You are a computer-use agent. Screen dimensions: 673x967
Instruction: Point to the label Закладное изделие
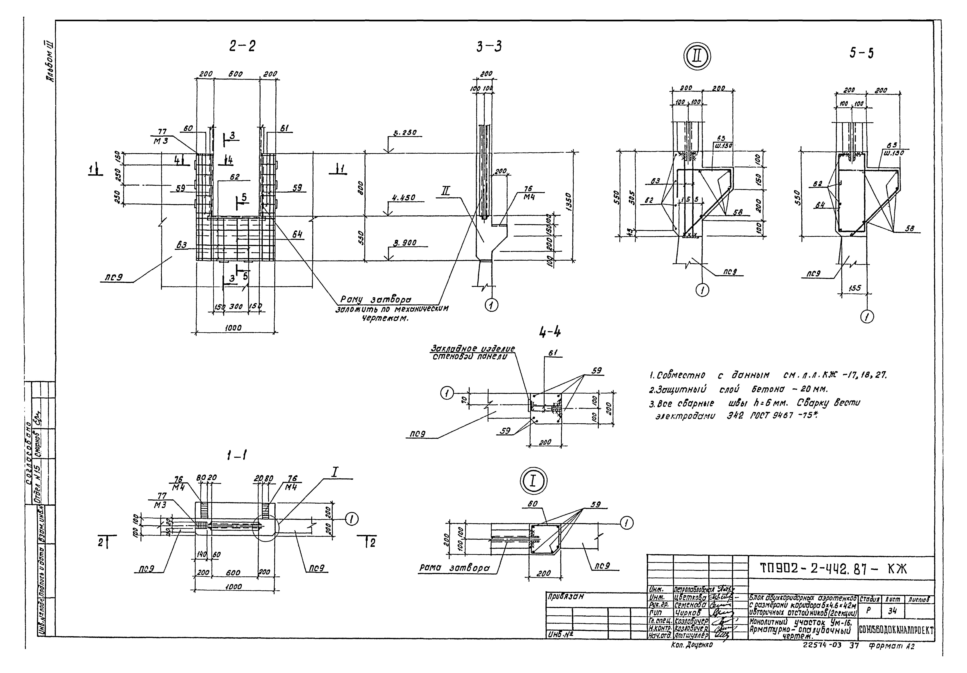coord(472,349)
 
